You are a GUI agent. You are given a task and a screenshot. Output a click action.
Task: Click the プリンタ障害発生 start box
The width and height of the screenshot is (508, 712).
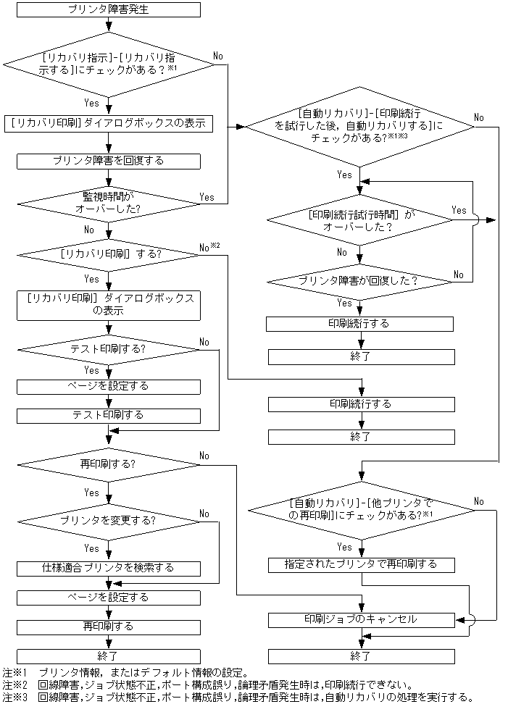pyautogui.click(x=108, y=11)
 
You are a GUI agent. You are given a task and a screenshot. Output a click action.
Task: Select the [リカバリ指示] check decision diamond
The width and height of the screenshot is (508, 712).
pyautogui.click(x=108, y=64)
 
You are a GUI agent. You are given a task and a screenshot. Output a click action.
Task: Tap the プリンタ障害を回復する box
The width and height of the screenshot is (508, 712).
pyautogui.click(x=108, y=161)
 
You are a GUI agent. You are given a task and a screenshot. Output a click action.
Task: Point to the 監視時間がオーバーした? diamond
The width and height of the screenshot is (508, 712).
pyautogui.click(x=108, y=202)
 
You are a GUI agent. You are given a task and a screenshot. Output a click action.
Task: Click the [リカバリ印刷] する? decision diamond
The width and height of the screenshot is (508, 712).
pyautogui.click(x=108, y=254)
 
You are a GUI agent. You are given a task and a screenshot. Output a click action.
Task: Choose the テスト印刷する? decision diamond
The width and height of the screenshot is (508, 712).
pyautogui.click(x=108, y=348)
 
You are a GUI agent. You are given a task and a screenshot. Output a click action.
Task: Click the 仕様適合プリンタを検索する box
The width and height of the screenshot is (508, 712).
pyautogui.click(x=108, y=568)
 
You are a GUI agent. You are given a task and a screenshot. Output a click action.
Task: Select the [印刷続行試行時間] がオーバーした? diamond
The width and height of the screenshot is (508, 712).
pyautogui.click(x=359, y=220)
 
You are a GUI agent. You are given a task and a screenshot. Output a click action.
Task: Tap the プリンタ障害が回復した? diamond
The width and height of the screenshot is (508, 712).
pyautogui.click(x=359, y=280)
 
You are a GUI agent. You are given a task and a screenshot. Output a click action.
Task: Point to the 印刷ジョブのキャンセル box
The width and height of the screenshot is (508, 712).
pyautogui.click(x=361, y=620)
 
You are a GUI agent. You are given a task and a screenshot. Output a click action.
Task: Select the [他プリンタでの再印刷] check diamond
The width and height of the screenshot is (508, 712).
pyautogui.click(x=359, y=508)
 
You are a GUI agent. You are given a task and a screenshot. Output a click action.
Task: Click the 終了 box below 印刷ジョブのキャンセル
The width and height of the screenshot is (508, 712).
pyautogui.click(x=361, y=656)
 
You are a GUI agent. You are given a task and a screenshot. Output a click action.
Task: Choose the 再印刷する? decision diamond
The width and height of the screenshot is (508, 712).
pyautogui.click(x=108, y=463)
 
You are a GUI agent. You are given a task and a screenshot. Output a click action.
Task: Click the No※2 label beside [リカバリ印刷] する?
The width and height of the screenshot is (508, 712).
pyautogui.click(x=208, y=248)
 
